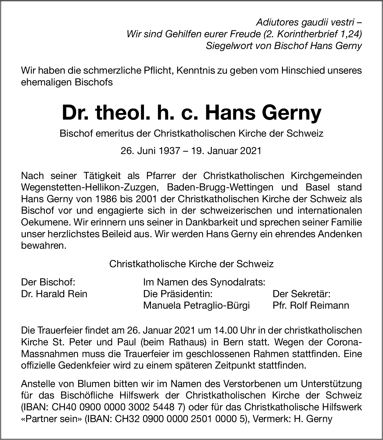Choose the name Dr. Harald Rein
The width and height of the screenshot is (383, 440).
pyautogui.click(x=54, y=294)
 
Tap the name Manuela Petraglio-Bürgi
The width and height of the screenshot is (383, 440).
pyautogui.click(x=196, y=305)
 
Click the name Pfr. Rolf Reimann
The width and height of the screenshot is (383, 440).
pyautogui.click(x=311, y=305)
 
